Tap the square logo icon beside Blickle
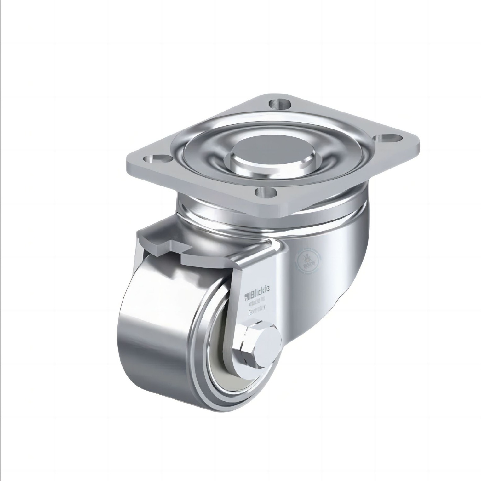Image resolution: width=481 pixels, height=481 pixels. (246, 296)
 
